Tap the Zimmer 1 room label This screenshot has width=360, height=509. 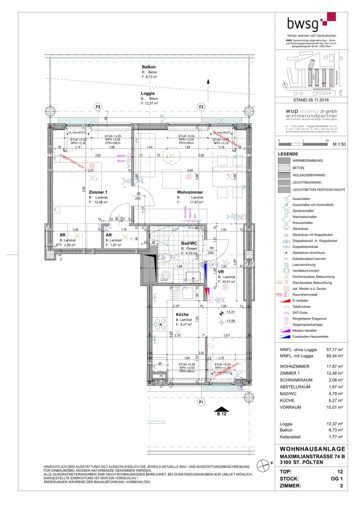[98, 192]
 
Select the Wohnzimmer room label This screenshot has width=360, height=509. [190, 192]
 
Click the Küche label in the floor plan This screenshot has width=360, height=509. [182, 314]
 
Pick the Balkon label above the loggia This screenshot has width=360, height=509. [149, 67]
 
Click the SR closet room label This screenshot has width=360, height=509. [62, 235]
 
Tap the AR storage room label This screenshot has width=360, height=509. [108, 235]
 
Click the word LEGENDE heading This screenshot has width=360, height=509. [288, 155]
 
